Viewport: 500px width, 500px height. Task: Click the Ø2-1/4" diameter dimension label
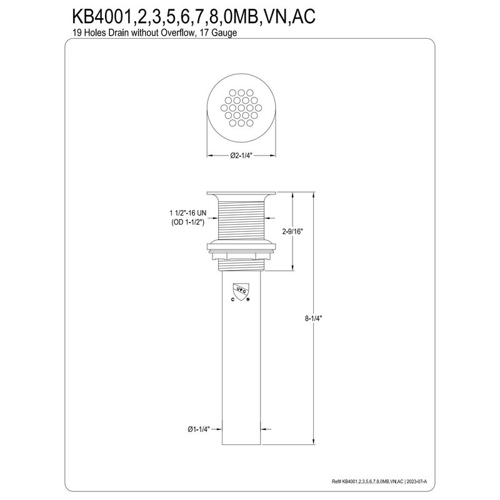[241, 155]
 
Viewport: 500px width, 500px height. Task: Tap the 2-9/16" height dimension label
[292, 232]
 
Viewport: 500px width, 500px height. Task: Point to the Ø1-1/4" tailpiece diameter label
[199, 429]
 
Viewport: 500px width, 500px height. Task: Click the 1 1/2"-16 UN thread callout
[188, 213]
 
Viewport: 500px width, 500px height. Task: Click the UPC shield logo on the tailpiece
[241, 291]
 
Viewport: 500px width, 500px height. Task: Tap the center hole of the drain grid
[241, 107]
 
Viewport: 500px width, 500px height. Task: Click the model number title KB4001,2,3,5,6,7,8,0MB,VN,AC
[194, 16]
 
